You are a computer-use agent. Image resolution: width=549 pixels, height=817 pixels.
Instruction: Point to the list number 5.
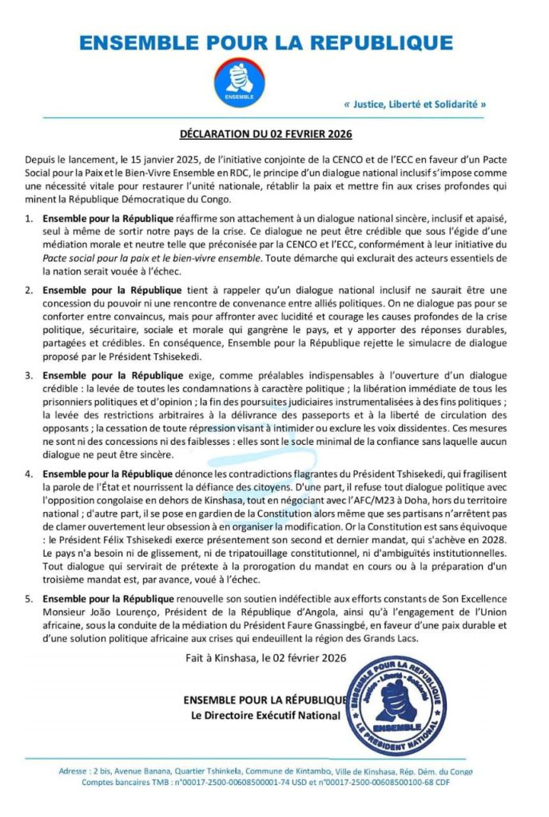[29, 598]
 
